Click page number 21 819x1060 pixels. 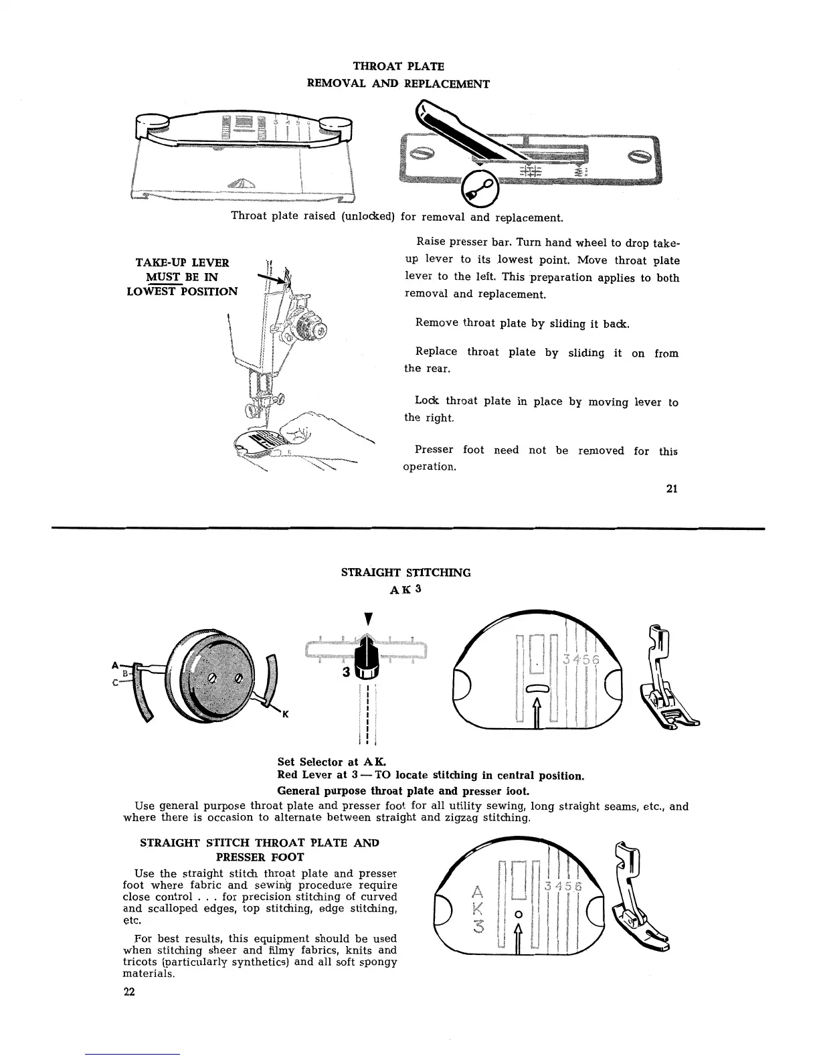tap(672, 489)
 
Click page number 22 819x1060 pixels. tap(129, 992)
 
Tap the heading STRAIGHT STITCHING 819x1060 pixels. tap(406, 573)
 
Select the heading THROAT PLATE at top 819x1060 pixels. tap(398, 66)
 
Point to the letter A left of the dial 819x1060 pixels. tap(114, 665)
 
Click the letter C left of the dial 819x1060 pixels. tap(114, 683)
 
